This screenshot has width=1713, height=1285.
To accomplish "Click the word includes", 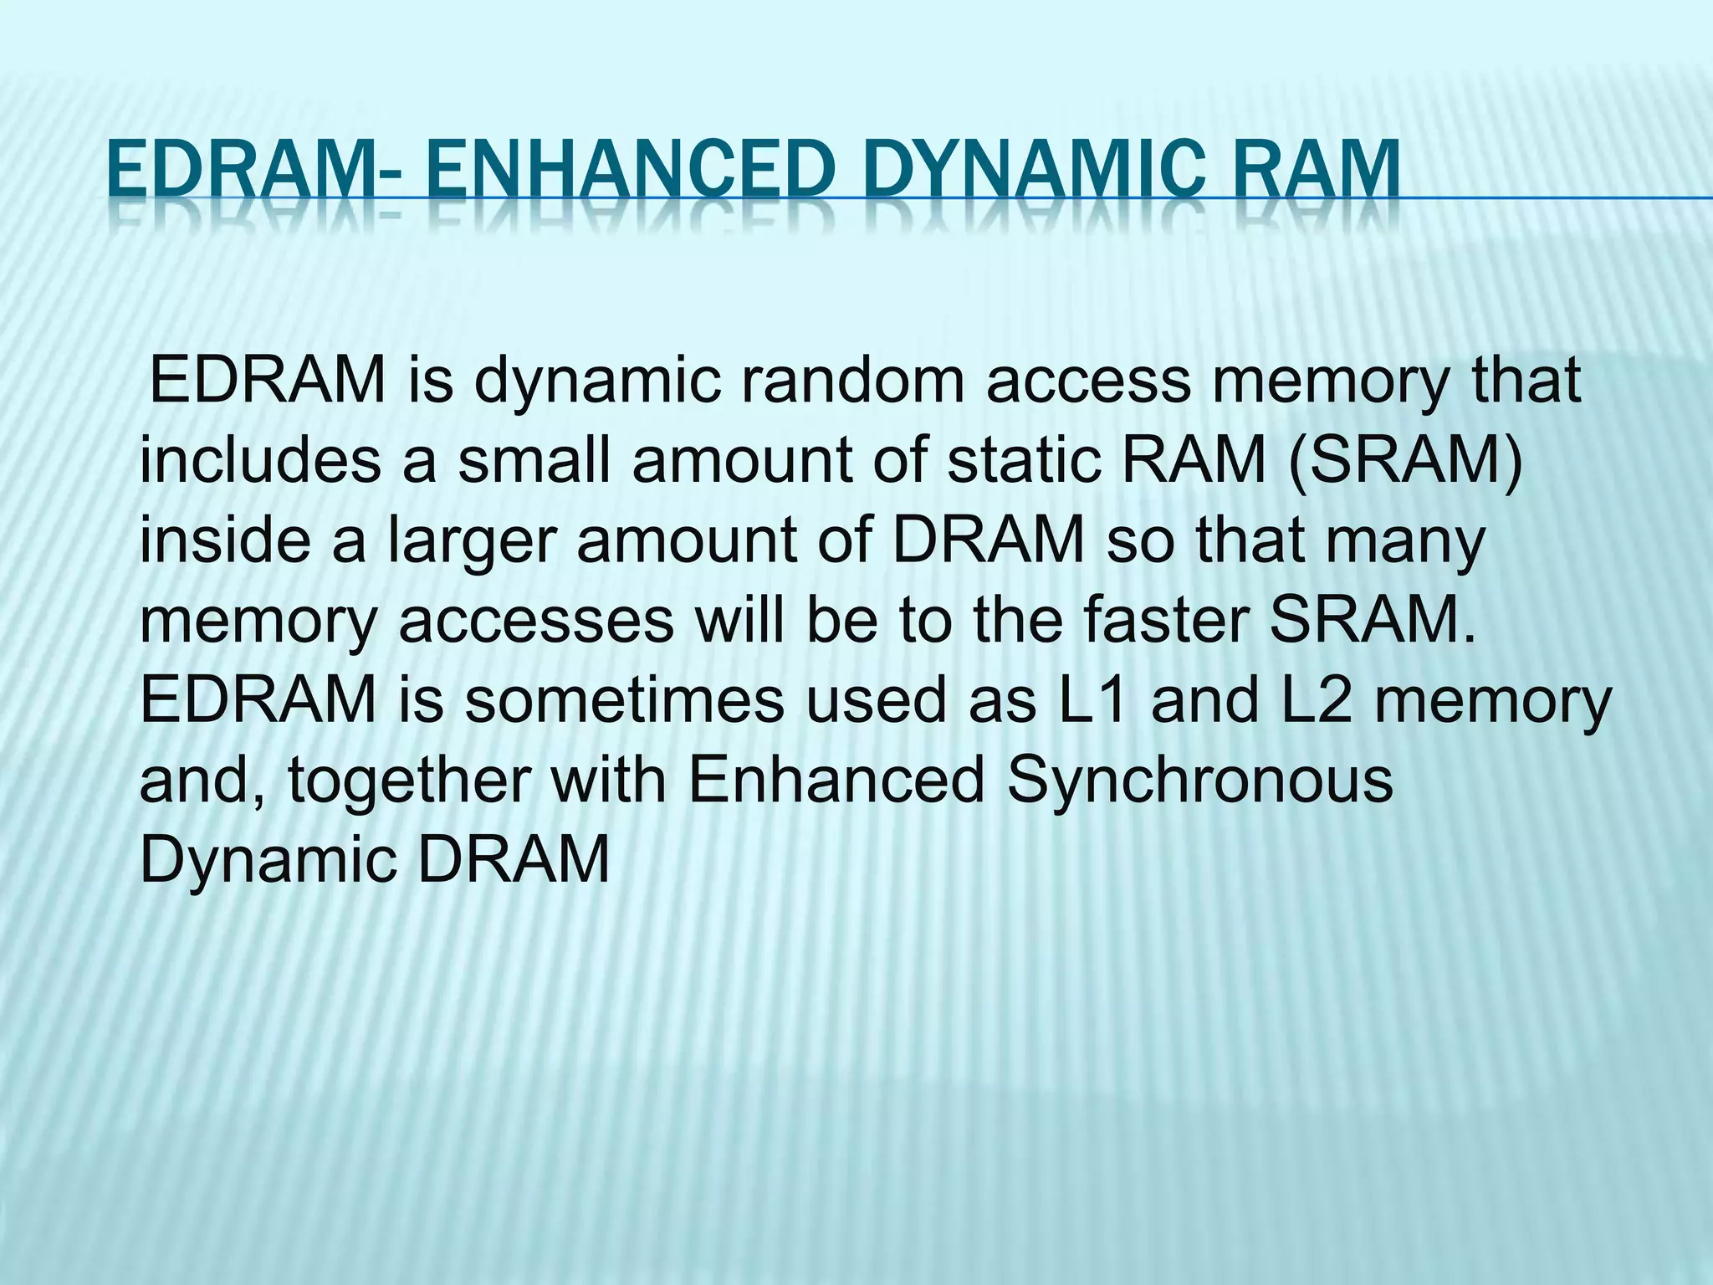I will coord(260,462).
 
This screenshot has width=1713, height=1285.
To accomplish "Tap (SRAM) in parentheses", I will coord(1404,462).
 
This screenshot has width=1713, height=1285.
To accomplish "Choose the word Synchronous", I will coord(1200,782).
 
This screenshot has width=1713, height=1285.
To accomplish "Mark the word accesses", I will coord(536,622).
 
